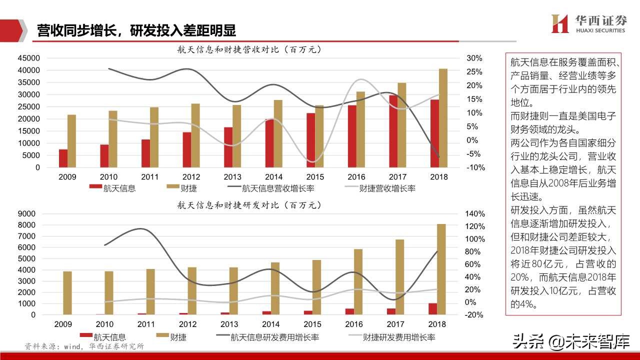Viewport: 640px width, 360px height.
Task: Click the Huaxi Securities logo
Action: tap(587, 23)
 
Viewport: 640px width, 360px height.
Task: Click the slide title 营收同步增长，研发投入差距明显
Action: tap(136, 30)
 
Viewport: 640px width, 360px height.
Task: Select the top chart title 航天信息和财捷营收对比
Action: tap(248, 49)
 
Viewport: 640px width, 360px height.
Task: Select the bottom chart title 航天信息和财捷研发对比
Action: tap(248, 205)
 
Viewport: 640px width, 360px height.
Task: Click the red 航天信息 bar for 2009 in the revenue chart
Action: tap(63, 158)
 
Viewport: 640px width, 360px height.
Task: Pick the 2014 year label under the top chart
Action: tap(274, 177)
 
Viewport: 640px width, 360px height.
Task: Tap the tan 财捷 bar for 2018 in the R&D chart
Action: tap(441, 269)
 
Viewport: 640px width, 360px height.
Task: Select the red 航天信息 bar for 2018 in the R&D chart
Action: tap(432, 309)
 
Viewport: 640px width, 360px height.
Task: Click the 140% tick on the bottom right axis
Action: tap(475, 213)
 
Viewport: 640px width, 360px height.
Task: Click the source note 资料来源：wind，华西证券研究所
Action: tap(84, 346)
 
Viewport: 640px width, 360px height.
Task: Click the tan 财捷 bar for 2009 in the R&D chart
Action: tap(67, 293)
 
